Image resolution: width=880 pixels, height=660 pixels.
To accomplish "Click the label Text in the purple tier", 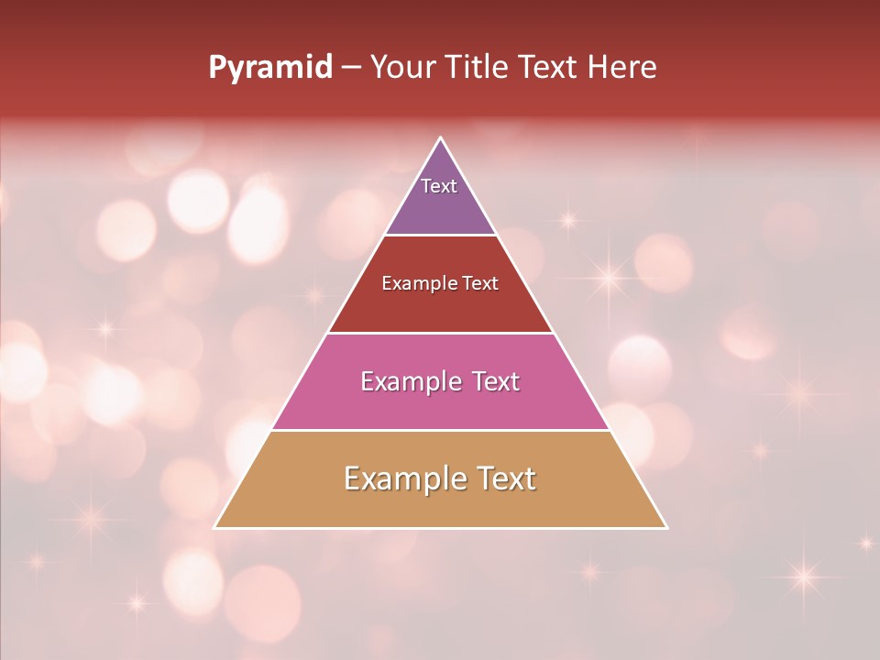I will (439, 186).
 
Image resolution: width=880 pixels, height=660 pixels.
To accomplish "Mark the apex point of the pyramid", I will (441, 138).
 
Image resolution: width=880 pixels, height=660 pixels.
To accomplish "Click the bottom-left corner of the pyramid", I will (215, 527).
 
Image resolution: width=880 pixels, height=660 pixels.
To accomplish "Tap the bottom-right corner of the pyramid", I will (666, 527).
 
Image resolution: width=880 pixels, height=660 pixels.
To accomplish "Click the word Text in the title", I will (551, 68).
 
